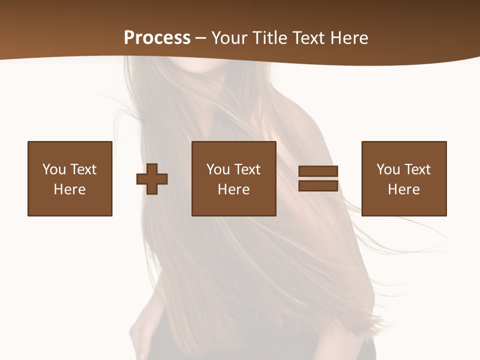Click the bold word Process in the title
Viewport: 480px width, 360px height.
point(157,38)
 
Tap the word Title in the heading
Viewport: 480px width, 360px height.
point(270,38)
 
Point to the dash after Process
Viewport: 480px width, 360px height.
point(201,38)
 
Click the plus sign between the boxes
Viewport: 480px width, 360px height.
point(152,178)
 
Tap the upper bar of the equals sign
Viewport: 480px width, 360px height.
point(318,171)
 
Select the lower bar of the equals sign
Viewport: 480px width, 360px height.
point(318,185)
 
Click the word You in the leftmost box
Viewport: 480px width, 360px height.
point(54,169)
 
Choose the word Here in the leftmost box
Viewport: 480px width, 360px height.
point(69,189)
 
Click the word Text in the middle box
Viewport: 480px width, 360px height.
point(247,169)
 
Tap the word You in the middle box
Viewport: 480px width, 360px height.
point(218,169)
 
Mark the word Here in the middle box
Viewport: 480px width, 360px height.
point(233,189)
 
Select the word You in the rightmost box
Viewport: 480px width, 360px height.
point(388,169)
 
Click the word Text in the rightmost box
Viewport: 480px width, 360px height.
point(417,169)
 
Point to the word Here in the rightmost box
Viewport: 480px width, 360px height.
point(403,189)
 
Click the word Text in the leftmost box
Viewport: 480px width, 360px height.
point(83,169)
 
